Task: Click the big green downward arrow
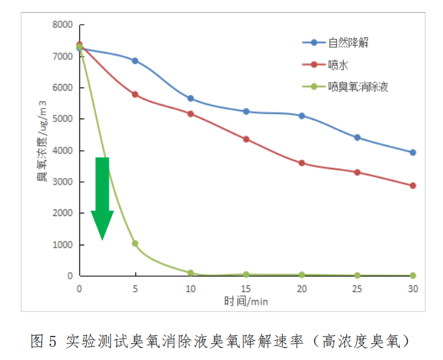pos(102,197)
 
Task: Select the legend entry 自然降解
pos(348,43)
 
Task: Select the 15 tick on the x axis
pos(246,288)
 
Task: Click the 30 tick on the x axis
pos(413,288)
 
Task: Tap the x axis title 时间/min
pos(246,301)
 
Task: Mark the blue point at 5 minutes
pos(135,61)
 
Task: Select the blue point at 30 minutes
pos(413,152)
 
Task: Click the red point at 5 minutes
pos(135,95)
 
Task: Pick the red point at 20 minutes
pos(302,163)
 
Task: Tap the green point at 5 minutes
pos(135,243)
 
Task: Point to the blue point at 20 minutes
pos(302,116)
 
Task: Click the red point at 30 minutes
pos(413,185)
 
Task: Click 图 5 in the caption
pos(44,341)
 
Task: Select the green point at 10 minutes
pos(191,273)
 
